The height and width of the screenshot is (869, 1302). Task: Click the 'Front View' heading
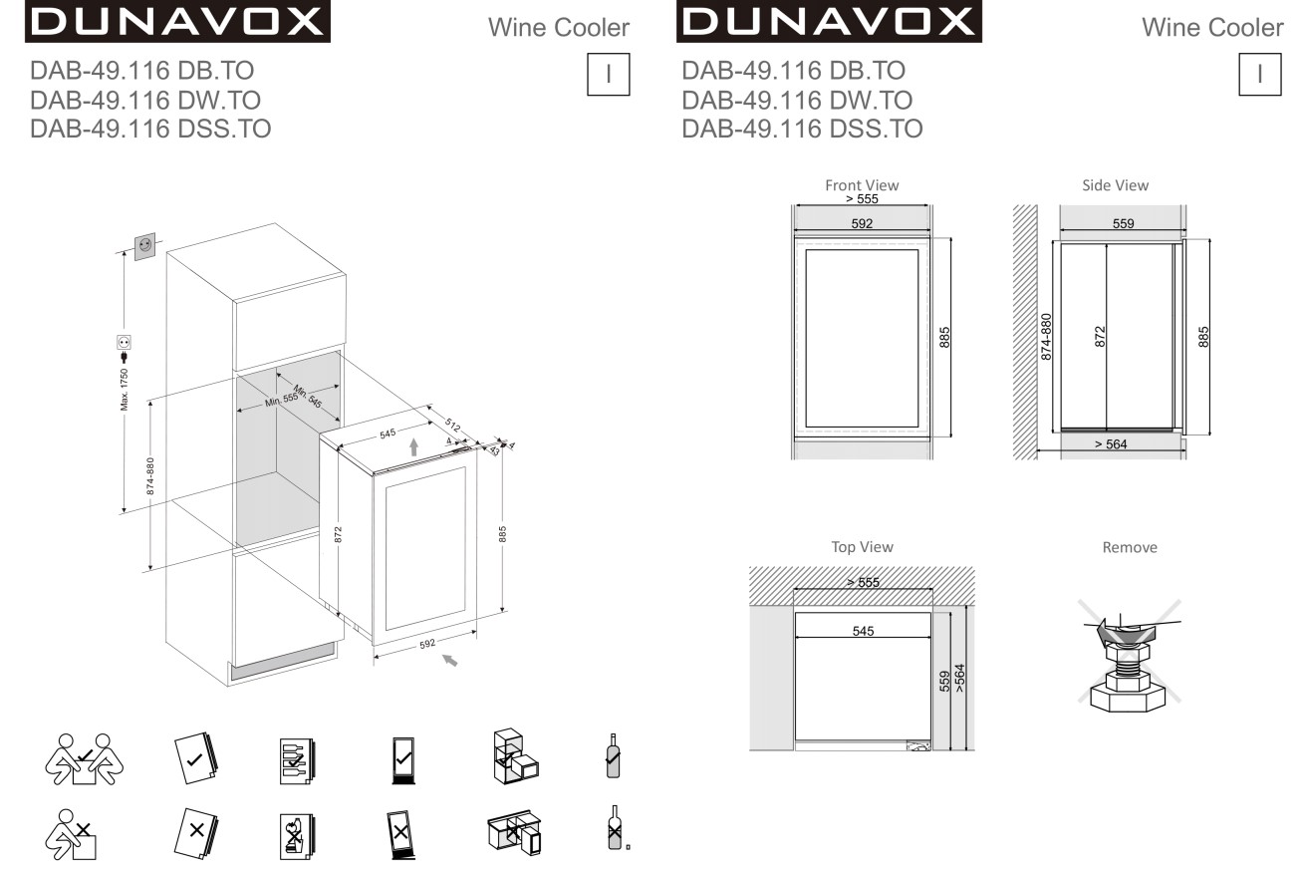tap(862, 185)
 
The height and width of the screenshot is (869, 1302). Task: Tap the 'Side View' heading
tap(1115, 185)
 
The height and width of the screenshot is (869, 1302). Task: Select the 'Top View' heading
tap(862, 547)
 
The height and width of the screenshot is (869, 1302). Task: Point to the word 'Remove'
tap(1130, 547)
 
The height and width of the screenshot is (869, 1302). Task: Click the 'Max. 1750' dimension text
tap(124, 389)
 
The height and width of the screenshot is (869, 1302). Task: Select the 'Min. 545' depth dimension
tap(308, 396)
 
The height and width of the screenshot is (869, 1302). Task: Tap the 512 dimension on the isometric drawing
tap(453, 425)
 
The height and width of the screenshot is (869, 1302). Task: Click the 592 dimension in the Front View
tap(862, 223)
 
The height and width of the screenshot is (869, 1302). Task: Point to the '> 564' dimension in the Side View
tap(1110, 444)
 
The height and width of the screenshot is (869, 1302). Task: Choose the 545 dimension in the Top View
tap(863, 631)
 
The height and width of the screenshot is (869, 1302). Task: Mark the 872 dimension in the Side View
tap(1100, 337)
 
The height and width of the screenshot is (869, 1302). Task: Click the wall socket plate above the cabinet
tap(145, 246)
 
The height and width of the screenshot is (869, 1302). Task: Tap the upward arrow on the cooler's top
tap(413, 446)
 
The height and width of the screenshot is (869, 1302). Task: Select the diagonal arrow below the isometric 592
tap(449, 660)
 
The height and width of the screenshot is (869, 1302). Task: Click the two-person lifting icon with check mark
tap(85, 758)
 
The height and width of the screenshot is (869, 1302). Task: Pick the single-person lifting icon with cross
tap(71, 834)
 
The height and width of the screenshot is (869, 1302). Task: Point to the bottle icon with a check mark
tap(613, 755)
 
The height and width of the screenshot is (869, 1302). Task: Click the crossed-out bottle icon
tap(615, 828)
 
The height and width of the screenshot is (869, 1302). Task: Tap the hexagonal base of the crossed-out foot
tap(1128, 698)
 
